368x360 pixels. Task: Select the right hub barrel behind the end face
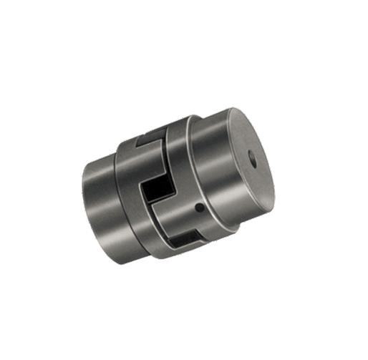coord(208,150)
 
